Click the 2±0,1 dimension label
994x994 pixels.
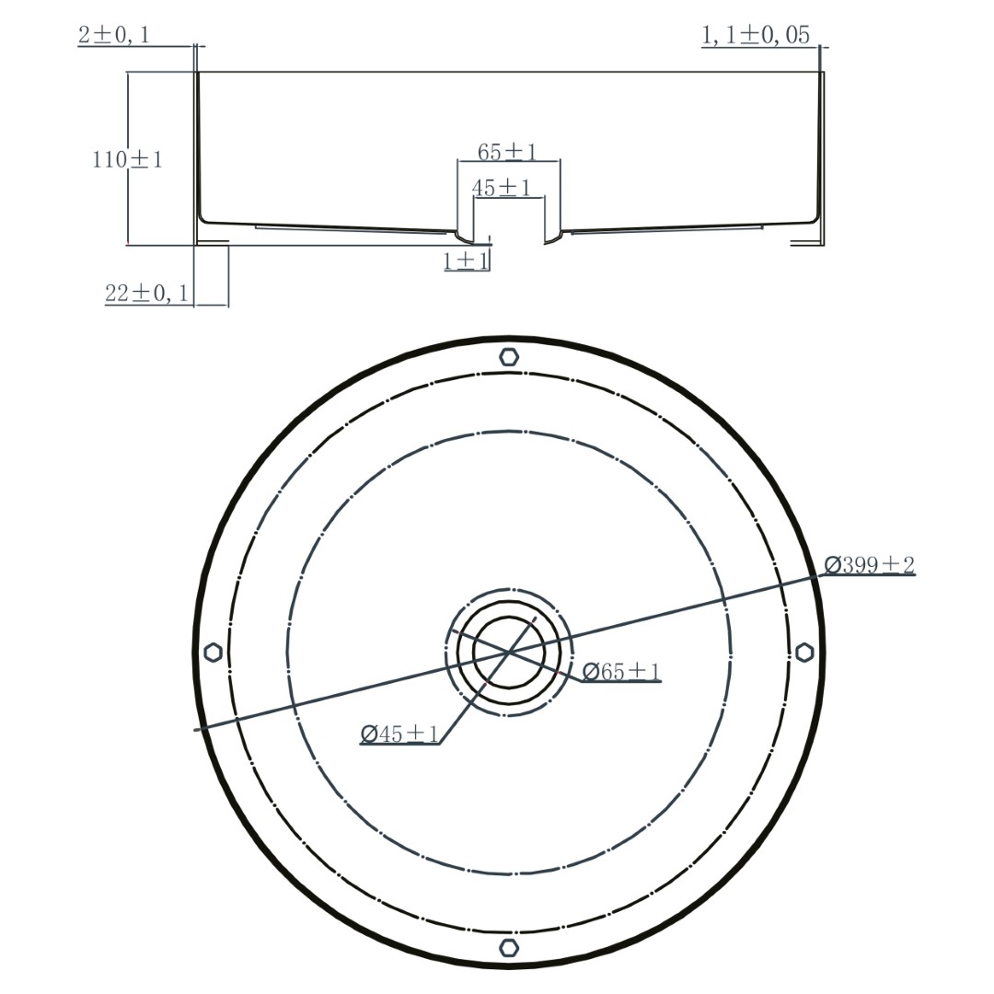point(114,34)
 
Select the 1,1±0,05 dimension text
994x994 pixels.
point(756,35)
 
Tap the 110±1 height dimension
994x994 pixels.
point(127,158)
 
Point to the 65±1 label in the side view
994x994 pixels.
point(507,152)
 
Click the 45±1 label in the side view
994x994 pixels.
point(502,188)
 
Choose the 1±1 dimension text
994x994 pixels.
point(466,260)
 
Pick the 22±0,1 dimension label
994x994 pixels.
point(147,293)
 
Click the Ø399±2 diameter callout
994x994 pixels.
point(870,564)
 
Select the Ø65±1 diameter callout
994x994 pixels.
point(621,671)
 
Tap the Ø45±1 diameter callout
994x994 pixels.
point(399,734)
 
